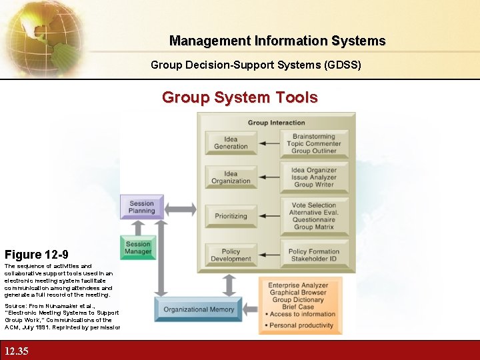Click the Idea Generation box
point(231,142)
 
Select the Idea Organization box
point(231,177)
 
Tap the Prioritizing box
point(231,216)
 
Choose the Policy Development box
point(231,255)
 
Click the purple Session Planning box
point(141,207)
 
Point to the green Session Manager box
point(138,247)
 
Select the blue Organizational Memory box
point(199,309)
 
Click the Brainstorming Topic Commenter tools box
point(314,143)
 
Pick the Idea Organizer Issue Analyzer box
point(314,177)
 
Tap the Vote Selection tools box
point(314,216)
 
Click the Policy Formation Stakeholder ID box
point(314,255)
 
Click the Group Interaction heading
point(276,123)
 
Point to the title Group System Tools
point(240,97)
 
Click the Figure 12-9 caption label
point(36,255)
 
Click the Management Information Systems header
point(277,41)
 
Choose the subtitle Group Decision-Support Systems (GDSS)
point(256,65)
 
